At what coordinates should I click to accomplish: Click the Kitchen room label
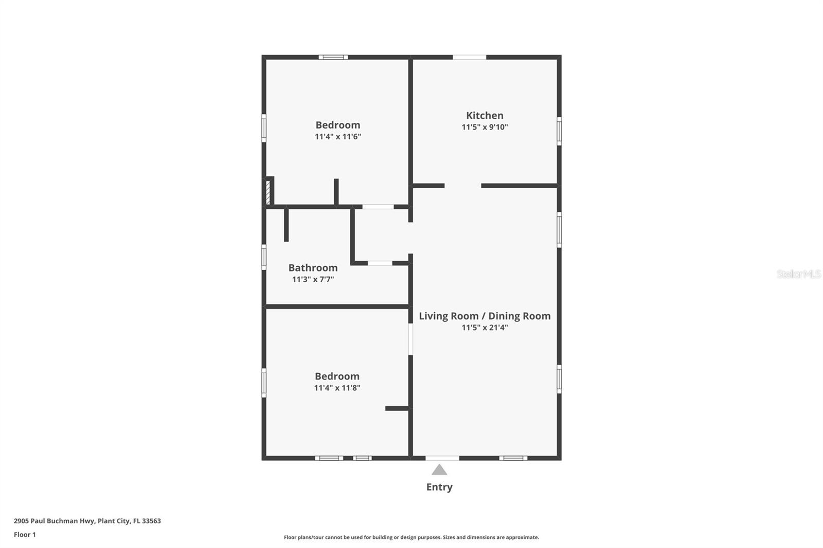485,116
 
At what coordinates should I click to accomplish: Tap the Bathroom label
313,268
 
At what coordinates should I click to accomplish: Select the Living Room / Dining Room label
485,316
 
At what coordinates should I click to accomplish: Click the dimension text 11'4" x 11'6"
338,137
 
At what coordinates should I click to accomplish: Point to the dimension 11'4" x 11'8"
337,388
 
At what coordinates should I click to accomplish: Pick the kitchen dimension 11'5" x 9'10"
485,127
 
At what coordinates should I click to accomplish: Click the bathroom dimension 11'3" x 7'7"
313,280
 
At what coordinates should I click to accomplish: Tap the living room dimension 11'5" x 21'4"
485,327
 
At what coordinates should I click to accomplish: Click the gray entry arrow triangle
439,470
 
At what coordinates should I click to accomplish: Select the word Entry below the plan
439,487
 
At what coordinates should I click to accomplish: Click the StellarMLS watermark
798,274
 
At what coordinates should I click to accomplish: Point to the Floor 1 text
25,535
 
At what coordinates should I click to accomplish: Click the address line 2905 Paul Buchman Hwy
87,521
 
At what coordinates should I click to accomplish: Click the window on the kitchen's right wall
559,131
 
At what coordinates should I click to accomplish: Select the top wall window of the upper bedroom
333,57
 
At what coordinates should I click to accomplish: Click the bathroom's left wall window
264,257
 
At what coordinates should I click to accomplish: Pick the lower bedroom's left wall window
264,382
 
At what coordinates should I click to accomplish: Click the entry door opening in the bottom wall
442,458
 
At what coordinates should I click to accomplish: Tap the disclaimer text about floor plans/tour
411,537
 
